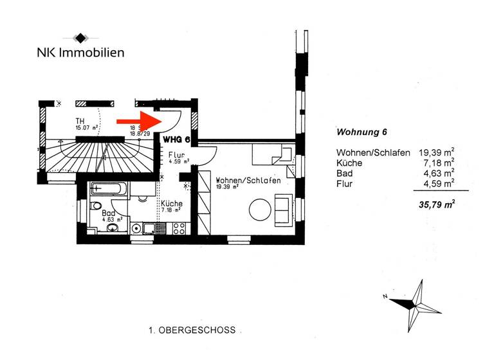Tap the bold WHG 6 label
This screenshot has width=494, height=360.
pos(176,139)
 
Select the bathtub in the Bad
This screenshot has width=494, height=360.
pos(107,189)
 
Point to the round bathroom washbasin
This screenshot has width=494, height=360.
pos(136,228)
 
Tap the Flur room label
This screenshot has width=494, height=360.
pos(177,156)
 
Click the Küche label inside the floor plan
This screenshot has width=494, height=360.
pos(171,204)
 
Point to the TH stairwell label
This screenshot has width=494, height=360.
pos(80,122)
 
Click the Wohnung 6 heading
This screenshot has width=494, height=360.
pos(361,133)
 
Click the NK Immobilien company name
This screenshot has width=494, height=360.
pos(80,53)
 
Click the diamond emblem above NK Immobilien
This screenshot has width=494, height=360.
pos(80,37)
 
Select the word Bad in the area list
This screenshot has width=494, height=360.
pos(344,174)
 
